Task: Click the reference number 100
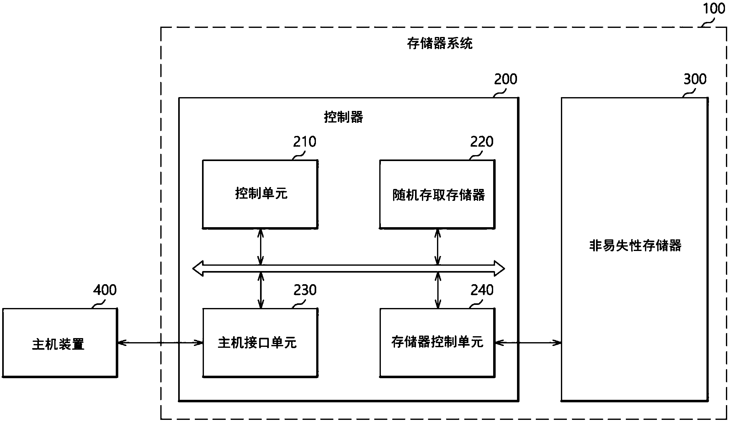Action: point(714,8)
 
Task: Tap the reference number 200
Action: point(505,79)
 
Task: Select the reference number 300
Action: point(695,79)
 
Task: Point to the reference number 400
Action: point(105,290)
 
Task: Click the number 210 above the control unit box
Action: point(305,142)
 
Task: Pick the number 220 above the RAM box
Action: point(482,142)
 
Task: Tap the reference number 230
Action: point(305,290)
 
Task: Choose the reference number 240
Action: point(482,290)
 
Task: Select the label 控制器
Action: point(343,117)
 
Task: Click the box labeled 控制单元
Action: point(260,194)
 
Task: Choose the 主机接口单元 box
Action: point(260,343)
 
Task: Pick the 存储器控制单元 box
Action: point(437,342)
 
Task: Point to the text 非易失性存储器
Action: point(635,246)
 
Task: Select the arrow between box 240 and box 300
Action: point(528,343)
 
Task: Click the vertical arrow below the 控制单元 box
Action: point(260,247)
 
